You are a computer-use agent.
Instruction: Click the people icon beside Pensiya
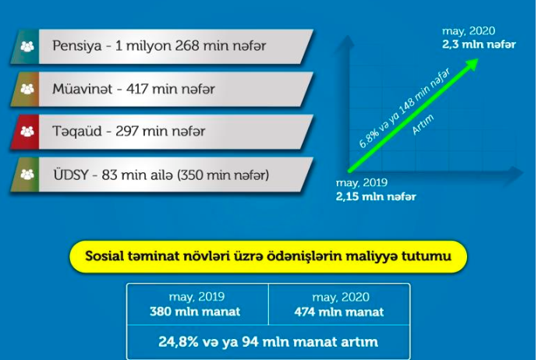click(x=27, y=46)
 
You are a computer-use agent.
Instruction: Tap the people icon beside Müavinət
click(x=27, y=89)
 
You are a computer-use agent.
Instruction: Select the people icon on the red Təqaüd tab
click(x=27, y=132)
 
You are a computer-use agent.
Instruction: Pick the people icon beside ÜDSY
click(x=27, y=175)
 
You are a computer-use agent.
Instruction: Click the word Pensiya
click(x=77, y=46)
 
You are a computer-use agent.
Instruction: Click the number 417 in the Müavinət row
click(x=137, y=89)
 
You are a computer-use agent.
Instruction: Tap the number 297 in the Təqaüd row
click(x=127, y=132)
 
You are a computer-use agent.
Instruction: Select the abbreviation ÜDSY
click(x=71, y=175)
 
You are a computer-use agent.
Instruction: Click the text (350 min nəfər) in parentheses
click(x=223, y=175)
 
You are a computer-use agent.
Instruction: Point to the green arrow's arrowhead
click(x=473, y=64)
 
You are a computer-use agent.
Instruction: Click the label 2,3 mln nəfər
click(x=479, y=44)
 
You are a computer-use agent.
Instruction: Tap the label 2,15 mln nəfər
click(x=376, y=196)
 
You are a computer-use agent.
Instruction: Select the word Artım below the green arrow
click(x=423, y=124)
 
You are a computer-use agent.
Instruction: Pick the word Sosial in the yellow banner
click(x=104, y=256)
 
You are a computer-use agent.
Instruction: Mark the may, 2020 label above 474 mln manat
click(x=341, y=297)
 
